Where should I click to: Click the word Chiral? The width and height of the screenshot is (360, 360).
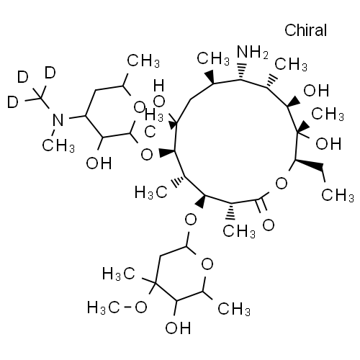point(305,30)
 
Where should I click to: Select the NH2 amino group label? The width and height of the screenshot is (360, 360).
point(252,52)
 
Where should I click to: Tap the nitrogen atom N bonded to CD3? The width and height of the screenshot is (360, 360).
point(58,120)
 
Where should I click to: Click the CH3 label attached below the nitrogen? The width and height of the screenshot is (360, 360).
point(58,145)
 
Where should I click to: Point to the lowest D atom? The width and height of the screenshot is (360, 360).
point(13,102)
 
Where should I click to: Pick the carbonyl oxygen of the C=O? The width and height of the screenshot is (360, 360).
point(269,225)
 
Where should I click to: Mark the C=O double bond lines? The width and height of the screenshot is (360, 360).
point(261,206)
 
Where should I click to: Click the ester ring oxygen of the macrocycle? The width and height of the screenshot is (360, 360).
point(282,184)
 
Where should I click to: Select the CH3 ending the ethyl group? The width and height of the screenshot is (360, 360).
point(338,194)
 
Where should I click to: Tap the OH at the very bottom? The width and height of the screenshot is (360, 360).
point(178,328)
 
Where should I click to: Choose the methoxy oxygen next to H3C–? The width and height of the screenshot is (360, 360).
point(140,307)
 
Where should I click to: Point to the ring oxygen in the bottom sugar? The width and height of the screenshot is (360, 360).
point(207,264)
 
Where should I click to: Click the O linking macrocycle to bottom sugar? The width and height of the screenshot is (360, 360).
point(191,220)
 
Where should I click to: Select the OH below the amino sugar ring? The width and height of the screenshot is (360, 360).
point(99,163)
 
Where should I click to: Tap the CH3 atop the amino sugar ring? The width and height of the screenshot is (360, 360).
point(143,60)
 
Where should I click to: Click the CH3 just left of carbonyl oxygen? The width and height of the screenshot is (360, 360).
point(239,231)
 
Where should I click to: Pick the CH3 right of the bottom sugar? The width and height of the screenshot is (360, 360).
point(234,308)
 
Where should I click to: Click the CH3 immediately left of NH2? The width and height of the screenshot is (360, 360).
point(213,58)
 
